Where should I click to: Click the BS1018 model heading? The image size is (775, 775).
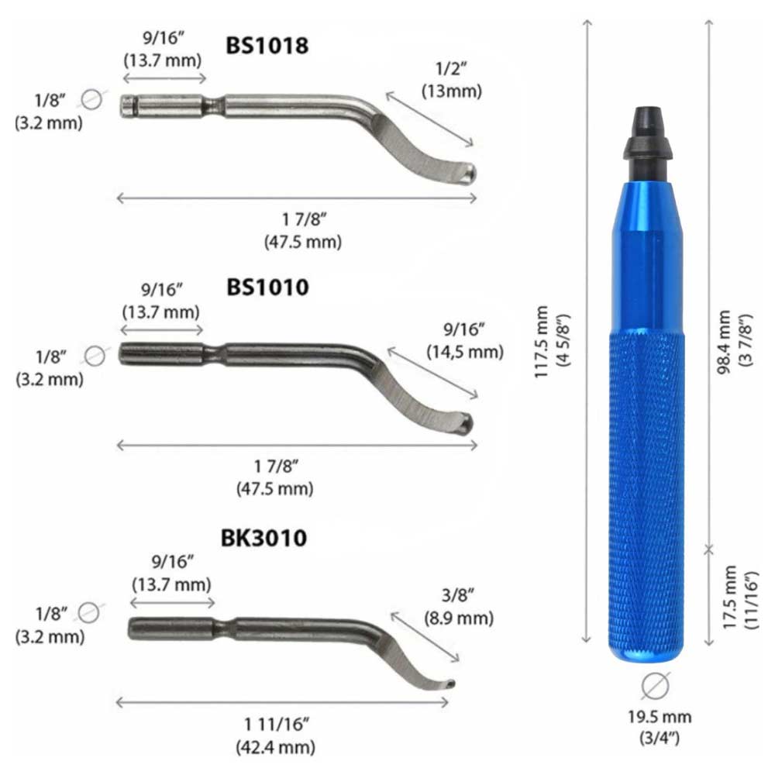point(267,46)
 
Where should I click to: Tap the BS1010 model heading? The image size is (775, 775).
point(267,288)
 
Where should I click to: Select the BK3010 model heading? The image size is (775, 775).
point(263,538)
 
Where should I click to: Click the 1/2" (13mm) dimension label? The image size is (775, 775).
point(452,80)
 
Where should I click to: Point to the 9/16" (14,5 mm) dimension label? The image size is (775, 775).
point(465,340)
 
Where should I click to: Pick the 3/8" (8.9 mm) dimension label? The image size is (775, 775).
point(459,607)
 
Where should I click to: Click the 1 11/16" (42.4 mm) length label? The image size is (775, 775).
point(276,735)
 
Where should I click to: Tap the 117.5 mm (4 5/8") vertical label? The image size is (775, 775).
point(552,342)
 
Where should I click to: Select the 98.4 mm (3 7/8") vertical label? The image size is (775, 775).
point(734,342)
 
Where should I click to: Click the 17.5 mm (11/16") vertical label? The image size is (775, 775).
point(740,597)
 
